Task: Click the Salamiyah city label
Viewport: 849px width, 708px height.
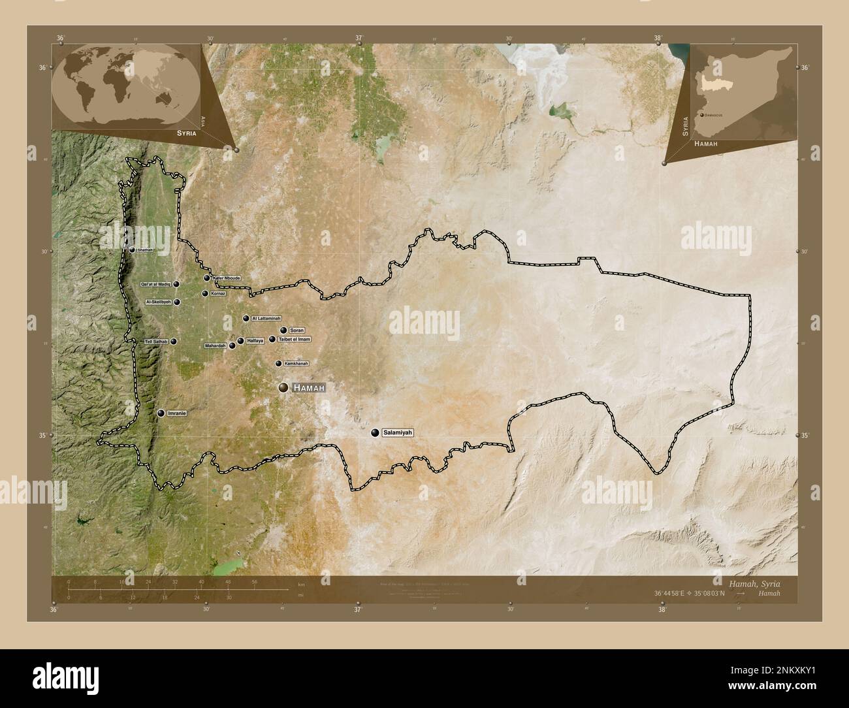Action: coord(398,433)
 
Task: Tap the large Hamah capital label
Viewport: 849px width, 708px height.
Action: coord(309,388)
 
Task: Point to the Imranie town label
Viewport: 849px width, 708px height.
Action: coord(177,413)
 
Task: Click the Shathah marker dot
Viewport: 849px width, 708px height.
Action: coord(132,249)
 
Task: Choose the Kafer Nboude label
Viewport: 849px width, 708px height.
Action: coord(227,278)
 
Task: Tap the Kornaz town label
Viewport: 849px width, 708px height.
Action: coord(218,294)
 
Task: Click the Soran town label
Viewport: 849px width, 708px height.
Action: coord(297,330)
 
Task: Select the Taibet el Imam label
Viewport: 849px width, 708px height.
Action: coord(294,340)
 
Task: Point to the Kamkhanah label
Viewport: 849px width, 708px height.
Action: coord(296,363)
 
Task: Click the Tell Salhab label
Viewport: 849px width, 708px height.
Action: coord(157,342)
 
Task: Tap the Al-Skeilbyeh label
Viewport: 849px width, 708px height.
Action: coord(159,302)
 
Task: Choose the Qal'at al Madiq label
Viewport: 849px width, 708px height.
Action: coord(156,285)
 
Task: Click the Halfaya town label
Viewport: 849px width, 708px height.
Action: coord(255,341)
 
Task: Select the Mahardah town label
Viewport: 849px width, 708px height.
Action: coord(215,346)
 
